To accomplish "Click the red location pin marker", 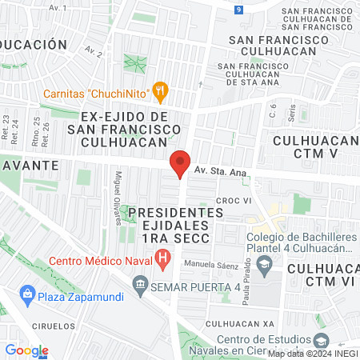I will [x=180, y=165].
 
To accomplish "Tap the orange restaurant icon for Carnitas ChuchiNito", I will [x=161, y=90].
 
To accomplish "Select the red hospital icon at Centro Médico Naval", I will [x=163, y=259].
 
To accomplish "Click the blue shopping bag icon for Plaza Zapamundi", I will [x=28, y=294].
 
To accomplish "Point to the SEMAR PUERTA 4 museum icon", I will [x=141, y=285].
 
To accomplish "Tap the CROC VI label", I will [x=234, y=201].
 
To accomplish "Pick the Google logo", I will [x=26, y=350].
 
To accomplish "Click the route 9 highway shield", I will [x=239, y=10].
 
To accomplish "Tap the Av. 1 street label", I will [x=57, y=7].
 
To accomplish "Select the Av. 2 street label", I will [x=94, y=54].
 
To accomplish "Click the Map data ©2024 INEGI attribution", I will [x=312, y=354].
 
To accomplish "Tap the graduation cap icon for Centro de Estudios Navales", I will [x=322, y=340].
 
